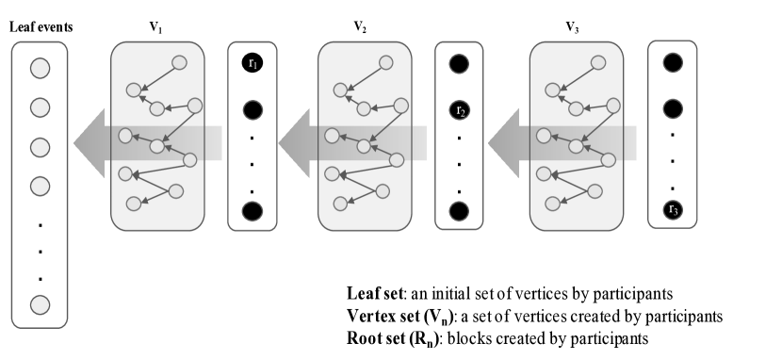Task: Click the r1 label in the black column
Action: click(x=253, y=64)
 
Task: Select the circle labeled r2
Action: click(x=460, y=111)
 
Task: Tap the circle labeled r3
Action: click(x=673, y=209)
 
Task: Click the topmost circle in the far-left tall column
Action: click(x=40, y=69)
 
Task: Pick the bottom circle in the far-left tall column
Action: click(x=40, y=304)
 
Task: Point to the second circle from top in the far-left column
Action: click(x=40, y=108)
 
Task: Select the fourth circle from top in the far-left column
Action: click(x=40, y=187)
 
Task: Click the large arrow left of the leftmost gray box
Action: click(x=90, y=143)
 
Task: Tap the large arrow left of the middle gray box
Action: click(x=295, y=143)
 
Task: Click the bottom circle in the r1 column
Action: click(x=253, y=211)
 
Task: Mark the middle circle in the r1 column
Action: click(x=253, y=110)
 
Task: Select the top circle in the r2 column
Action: click(x=459, y=64)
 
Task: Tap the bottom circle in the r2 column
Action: click(x=459, y=211)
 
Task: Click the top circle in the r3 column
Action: click(x=673, y=62)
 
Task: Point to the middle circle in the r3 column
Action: click(x=673, y=109)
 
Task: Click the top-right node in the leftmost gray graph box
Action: click(x=179, y=63)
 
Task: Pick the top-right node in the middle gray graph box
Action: click(x=386, y=63)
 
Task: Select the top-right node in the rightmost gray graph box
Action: click(x=598, y=63)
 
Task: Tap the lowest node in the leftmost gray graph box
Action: click(x=134, y=204)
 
